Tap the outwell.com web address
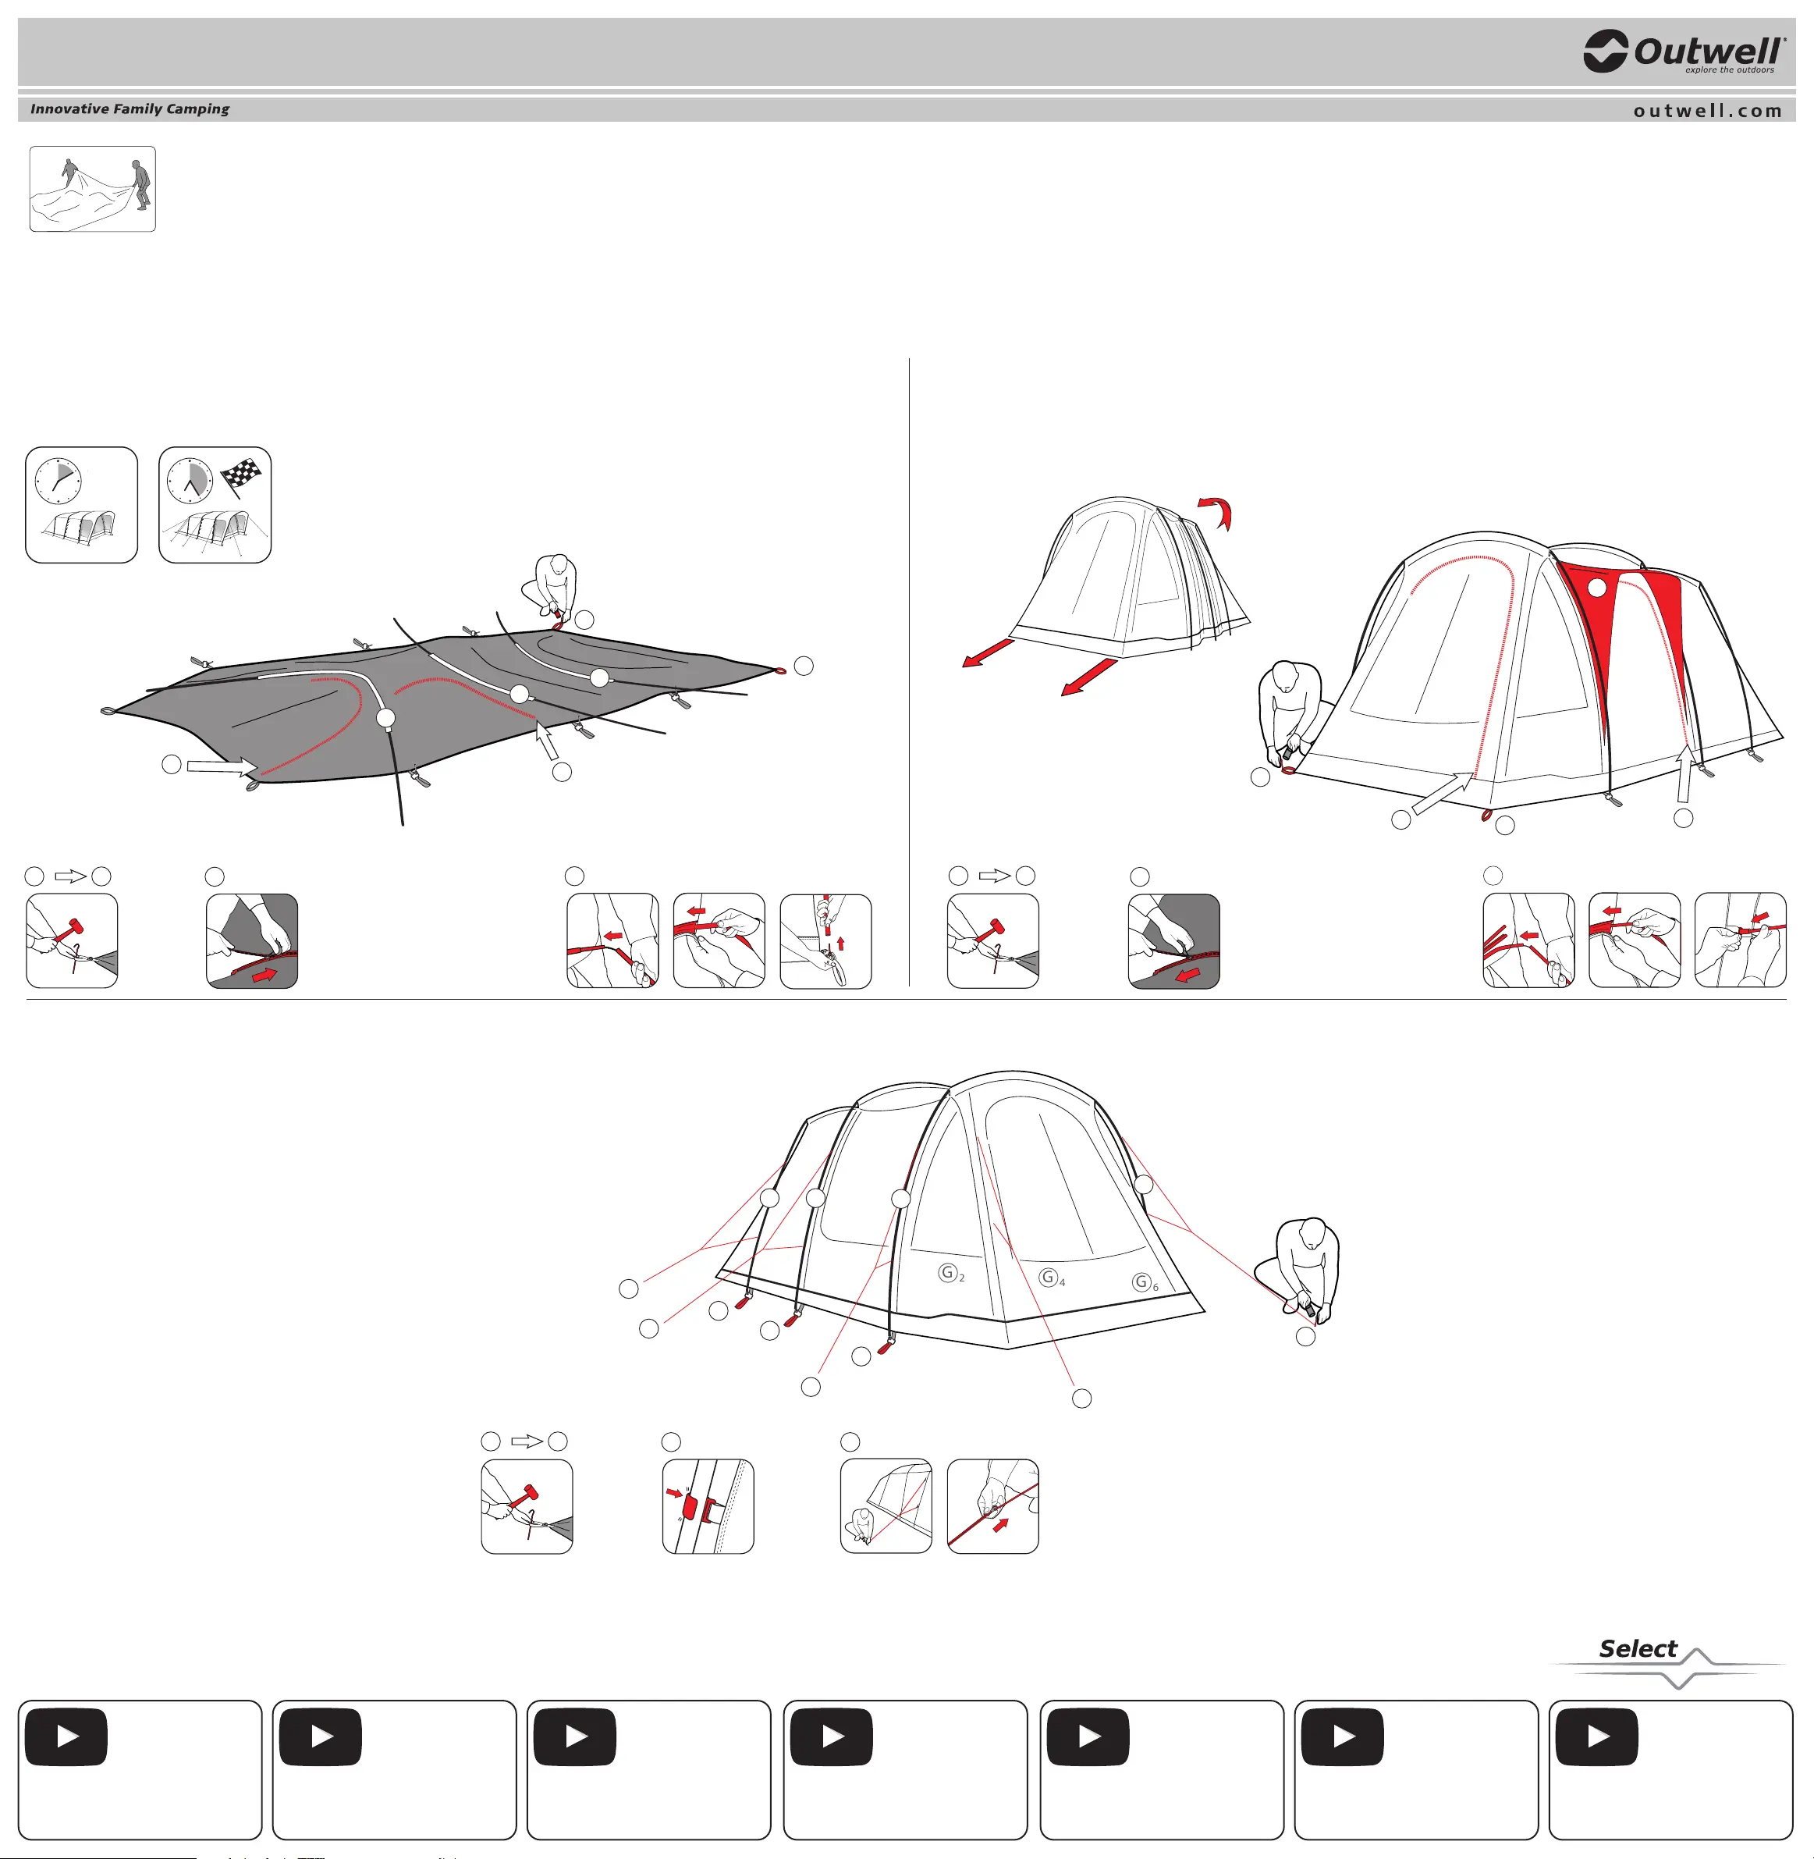click(1707, 111)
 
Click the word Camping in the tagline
click(198, 109)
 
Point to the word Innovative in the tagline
click(69, 108)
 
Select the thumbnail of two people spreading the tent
click(92, 189)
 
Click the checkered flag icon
click(241, 475)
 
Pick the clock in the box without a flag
click(58, 479)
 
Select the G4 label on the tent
click(1052, 1278)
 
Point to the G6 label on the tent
click(1145, 1282)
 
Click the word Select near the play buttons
click(1638, 1648)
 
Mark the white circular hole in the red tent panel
click(1598, 588)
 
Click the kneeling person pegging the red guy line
click(1298, 1270)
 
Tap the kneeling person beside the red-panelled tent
click(1290, 710)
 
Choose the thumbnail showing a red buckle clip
click(708, 1506)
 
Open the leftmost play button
click(66, 1737)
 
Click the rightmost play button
click(1597, 1737)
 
